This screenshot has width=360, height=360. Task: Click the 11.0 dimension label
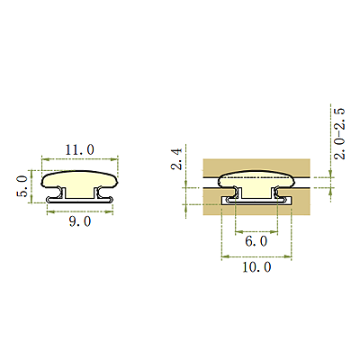[79, 149]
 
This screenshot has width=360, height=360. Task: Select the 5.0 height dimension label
[22, 186]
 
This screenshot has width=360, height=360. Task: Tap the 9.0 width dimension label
[80, 221]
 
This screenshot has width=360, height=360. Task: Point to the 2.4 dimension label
[176, 159]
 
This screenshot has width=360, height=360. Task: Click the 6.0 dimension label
[256, 241]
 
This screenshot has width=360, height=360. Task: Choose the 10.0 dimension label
[256, 267]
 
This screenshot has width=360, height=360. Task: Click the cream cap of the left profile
[79, 179]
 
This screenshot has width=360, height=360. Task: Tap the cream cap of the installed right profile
[256, 179]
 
